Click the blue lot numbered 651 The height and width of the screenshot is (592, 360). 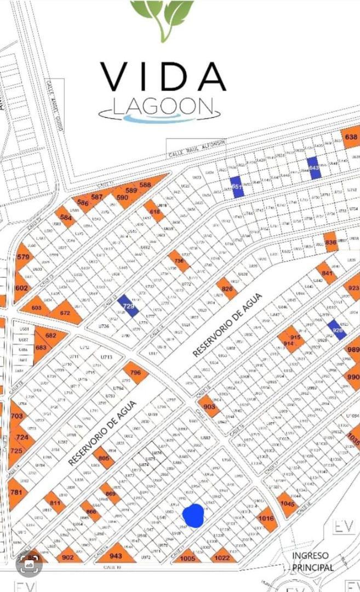click(237, 187)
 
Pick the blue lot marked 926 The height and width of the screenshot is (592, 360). click(337, 330)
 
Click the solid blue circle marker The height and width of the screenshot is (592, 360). click(193, 515)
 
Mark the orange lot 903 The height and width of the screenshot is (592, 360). click(209, 407)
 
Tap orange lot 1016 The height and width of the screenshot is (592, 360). click(266, 519)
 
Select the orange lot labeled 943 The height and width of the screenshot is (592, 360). click(116, 555)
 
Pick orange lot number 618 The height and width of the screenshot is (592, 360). click(155, 212)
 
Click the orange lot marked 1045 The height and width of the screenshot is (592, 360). click(287, 503)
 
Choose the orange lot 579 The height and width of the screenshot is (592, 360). click(22, 258)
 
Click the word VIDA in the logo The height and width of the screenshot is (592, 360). click(163, 77)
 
